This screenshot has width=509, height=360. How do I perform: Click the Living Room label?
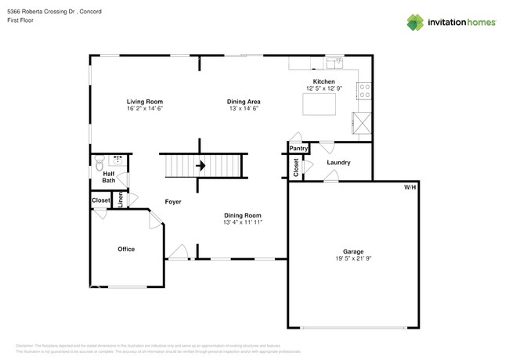tap(145, 102)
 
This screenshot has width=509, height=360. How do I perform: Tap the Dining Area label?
tap(244, 102)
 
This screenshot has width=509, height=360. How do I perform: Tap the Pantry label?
tap(298, 148)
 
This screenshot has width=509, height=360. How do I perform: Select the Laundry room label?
tap(338, 163)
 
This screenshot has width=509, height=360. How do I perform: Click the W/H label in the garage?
tap(410, 188)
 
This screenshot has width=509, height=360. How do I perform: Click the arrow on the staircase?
tap(200, 165)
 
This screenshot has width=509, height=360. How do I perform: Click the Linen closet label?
tap(120, 200)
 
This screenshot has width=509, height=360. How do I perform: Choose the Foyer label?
tap(173, 202)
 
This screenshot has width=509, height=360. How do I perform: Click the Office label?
tap(126, 249)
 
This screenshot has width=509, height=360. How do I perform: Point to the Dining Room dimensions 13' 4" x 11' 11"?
tap(243, 223)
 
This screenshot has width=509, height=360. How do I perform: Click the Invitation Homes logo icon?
tap(417, 22)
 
